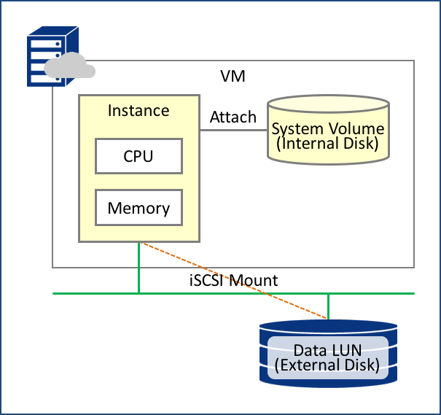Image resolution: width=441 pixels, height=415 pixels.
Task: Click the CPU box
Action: (138, 156)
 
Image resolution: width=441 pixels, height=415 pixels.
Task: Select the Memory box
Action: (138, 208)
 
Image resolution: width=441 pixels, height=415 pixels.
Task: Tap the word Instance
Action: (138, 111)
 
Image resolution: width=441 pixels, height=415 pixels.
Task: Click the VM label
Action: (233, 76)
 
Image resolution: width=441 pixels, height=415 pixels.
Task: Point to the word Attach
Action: (233, 117)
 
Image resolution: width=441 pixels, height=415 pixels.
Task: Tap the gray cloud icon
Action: (69, 67)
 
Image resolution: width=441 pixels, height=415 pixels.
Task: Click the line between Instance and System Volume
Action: (233, 131)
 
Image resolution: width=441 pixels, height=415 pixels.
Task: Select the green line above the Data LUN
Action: (328, 306)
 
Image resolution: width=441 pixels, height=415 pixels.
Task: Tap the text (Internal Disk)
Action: (328, 144)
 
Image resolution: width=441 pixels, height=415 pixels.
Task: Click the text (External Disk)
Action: (328, 365)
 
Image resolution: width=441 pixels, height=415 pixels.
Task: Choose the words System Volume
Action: (328, 129)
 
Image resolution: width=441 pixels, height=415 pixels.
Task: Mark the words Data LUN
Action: (328, 350)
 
